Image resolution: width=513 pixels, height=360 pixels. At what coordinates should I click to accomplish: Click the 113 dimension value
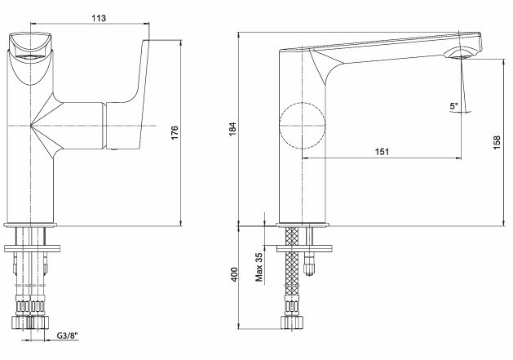tap(99, 18)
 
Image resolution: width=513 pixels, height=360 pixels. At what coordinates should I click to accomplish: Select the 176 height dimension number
tap(175, 133)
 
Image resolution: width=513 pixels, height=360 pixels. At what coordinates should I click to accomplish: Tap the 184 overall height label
tap(232, 129)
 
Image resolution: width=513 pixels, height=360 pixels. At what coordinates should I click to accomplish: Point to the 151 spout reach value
tap(382, 152)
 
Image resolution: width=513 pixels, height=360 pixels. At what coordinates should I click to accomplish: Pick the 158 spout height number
tap(497, 142)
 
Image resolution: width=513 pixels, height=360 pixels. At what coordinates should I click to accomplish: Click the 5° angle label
tap(454, 106)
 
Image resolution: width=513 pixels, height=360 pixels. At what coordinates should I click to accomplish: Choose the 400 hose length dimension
tap(234, 274)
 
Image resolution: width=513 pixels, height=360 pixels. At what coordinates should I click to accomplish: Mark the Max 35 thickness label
tap(259, 267)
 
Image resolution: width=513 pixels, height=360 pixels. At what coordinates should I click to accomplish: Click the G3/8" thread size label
tap(68, 336)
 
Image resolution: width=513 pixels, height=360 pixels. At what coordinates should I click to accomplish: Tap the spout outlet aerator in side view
tap(461, 55)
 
